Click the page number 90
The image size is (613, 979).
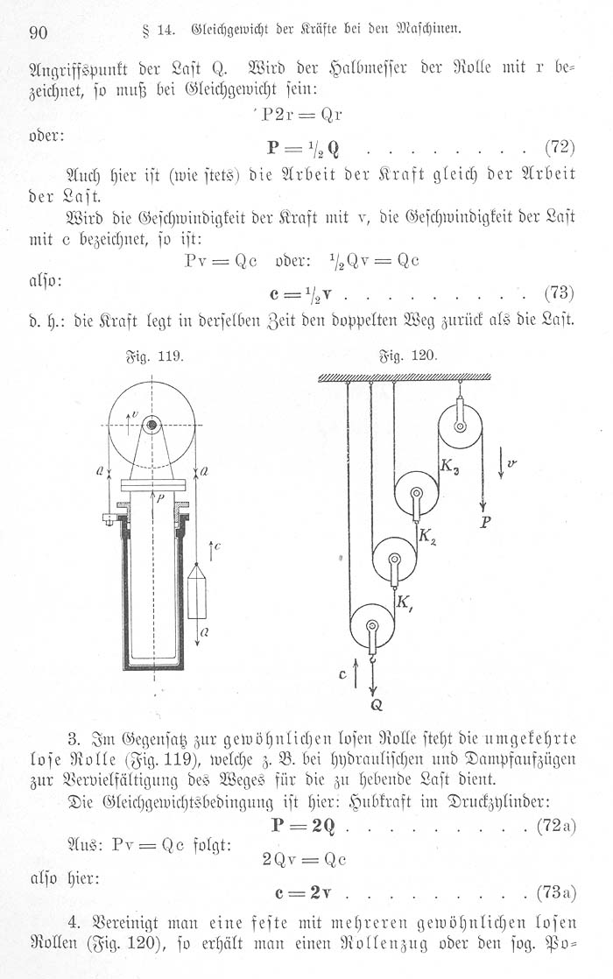(x=38, y=33)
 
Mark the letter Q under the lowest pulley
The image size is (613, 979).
(x=375, y=701)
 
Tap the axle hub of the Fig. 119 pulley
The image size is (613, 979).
(x=152, y=426)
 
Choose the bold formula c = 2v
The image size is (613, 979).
(x=299, y=892)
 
